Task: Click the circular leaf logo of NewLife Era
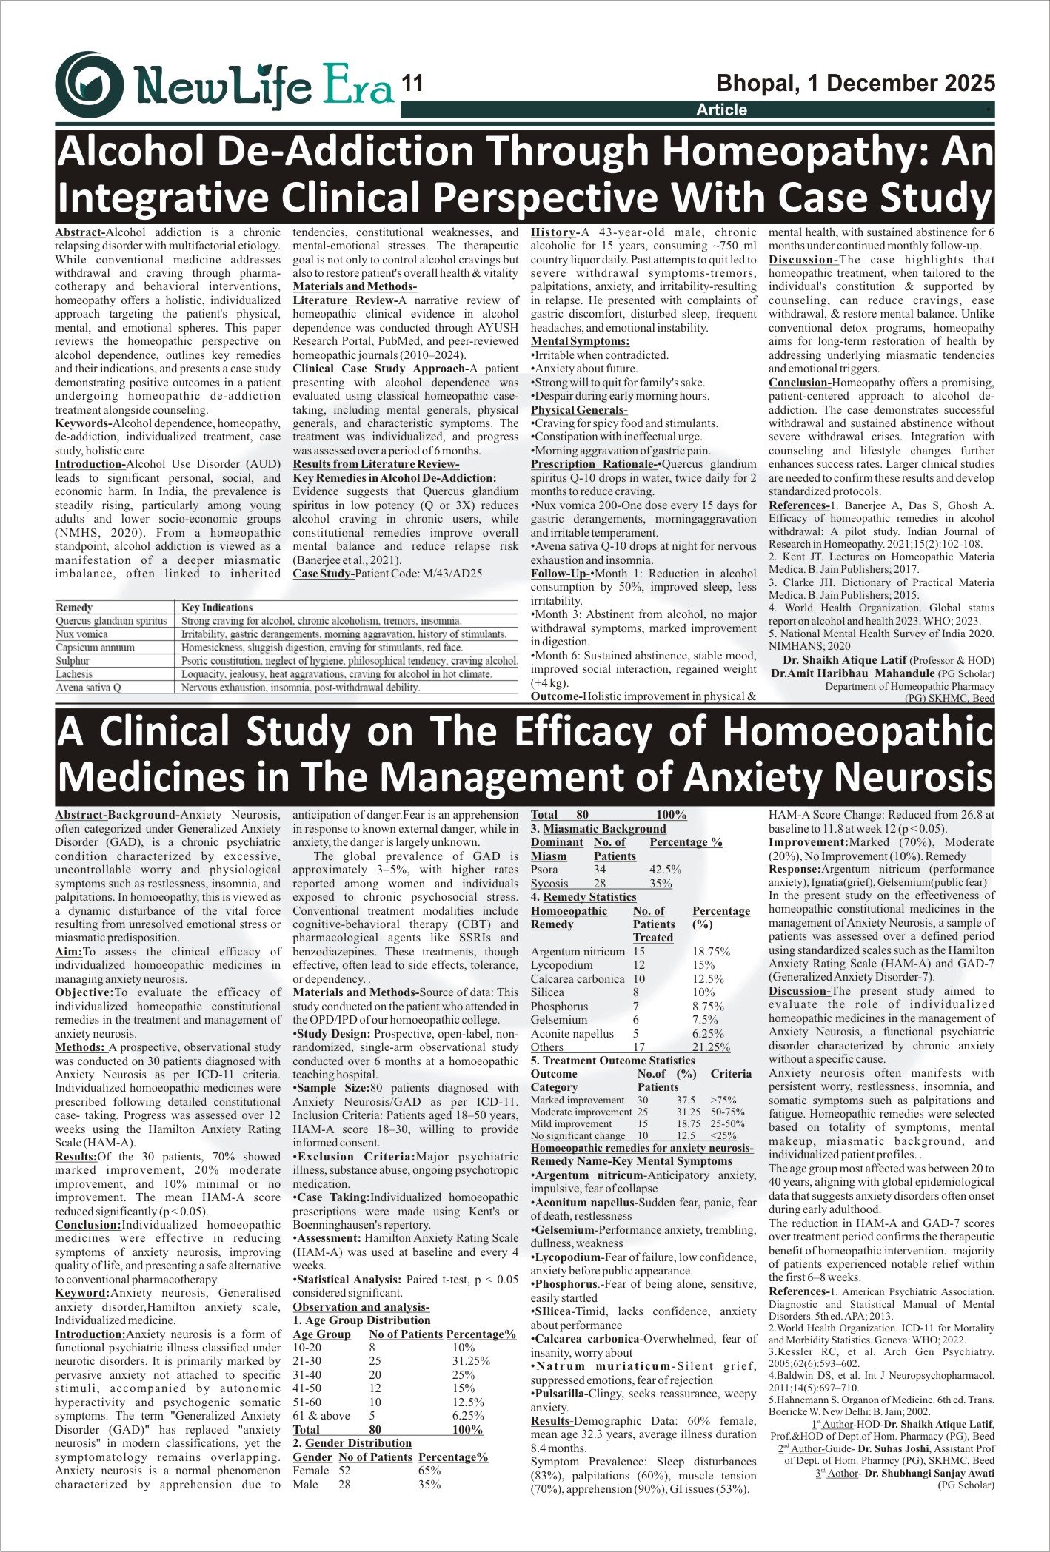(89, 84)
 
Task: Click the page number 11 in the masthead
(412, 83)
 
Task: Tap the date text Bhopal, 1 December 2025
(855, 83)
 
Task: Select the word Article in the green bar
(721, 110)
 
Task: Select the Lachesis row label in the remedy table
(74, 674)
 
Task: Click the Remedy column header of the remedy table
(74, 607)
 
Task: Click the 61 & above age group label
(321, 1415)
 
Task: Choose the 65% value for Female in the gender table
(429, 1471)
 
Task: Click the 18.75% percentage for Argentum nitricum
(711, 952)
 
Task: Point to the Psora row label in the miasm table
(544, 870)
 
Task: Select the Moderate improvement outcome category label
(581, 1112)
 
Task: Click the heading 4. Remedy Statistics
(583, 897)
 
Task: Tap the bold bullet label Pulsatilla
(561, 1394)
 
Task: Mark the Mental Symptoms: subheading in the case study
(580, 341)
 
